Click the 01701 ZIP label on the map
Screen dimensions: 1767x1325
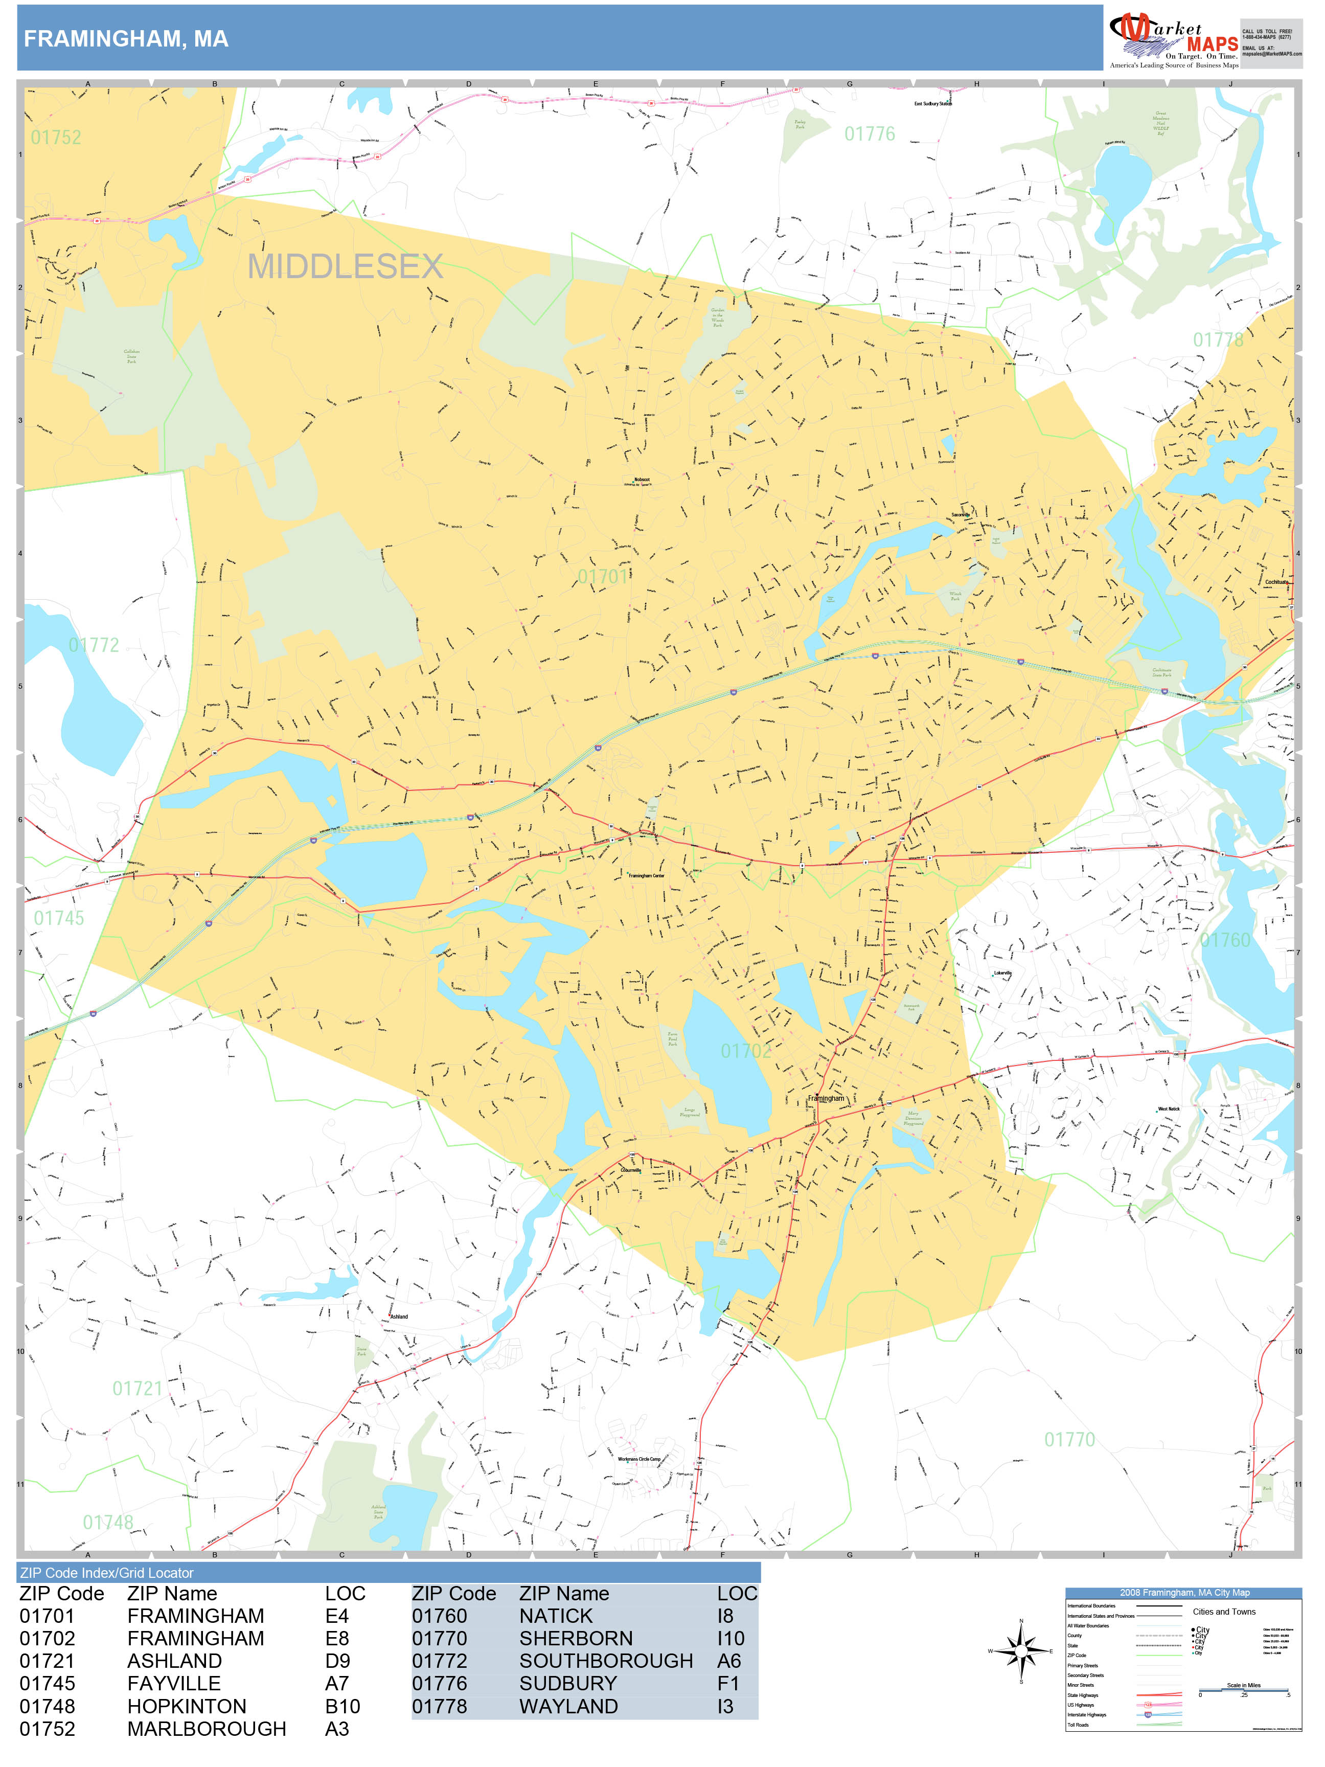coord(603,577)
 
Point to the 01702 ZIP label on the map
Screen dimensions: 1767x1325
coord(746,1051)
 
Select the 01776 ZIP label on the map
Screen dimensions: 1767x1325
coord(870,134)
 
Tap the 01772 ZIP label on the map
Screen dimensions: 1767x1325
coord(94,645)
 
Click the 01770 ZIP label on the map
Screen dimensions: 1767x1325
coord(1069,1439)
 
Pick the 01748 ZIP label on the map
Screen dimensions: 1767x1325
coord(108,1522)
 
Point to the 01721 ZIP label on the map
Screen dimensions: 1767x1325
coord(138,1388)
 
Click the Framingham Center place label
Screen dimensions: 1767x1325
coord(646,875)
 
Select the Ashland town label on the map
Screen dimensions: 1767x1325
coord(399,1317)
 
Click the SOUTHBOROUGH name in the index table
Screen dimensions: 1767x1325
coord(605,1661)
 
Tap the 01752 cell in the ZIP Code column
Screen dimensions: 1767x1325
coord(47,1729)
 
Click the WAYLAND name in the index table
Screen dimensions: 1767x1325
coord(568,1706)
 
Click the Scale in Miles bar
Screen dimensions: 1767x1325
coord(1244,1690)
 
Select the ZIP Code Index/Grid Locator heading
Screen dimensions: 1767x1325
coord(107,1573)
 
